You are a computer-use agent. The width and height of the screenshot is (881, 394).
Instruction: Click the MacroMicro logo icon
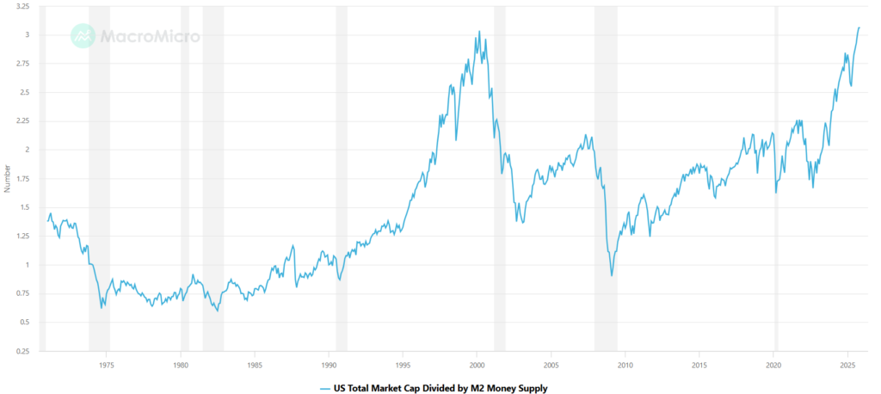tap(83, 35)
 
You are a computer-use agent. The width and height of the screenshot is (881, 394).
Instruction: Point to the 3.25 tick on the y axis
tap(22, 6)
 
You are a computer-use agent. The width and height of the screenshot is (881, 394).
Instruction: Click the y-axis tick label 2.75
tap(22, 64)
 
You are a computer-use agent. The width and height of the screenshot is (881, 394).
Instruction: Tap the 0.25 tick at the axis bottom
tap(22, 351)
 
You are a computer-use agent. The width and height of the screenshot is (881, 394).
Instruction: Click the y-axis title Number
tap(7, 179)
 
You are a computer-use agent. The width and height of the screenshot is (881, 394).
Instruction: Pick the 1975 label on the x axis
tap(106, 364)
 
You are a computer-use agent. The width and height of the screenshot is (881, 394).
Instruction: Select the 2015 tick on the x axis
tap(699, 364)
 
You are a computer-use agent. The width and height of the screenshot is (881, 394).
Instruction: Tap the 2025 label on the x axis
tap(847, 364)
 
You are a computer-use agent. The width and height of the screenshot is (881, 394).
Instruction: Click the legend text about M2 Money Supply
tap(440, 388)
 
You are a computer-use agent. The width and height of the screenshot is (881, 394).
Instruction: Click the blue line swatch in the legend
tap(324, 388)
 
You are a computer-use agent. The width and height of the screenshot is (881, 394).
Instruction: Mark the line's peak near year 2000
tap(479, 32)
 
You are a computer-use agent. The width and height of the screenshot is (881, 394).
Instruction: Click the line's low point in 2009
tap(612, 275)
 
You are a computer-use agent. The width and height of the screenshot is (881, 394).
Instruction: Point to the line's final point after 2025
tap(859, 28)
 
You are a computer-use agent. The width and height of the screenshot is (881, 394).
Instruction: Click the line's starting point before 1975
tap(46, 221)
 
